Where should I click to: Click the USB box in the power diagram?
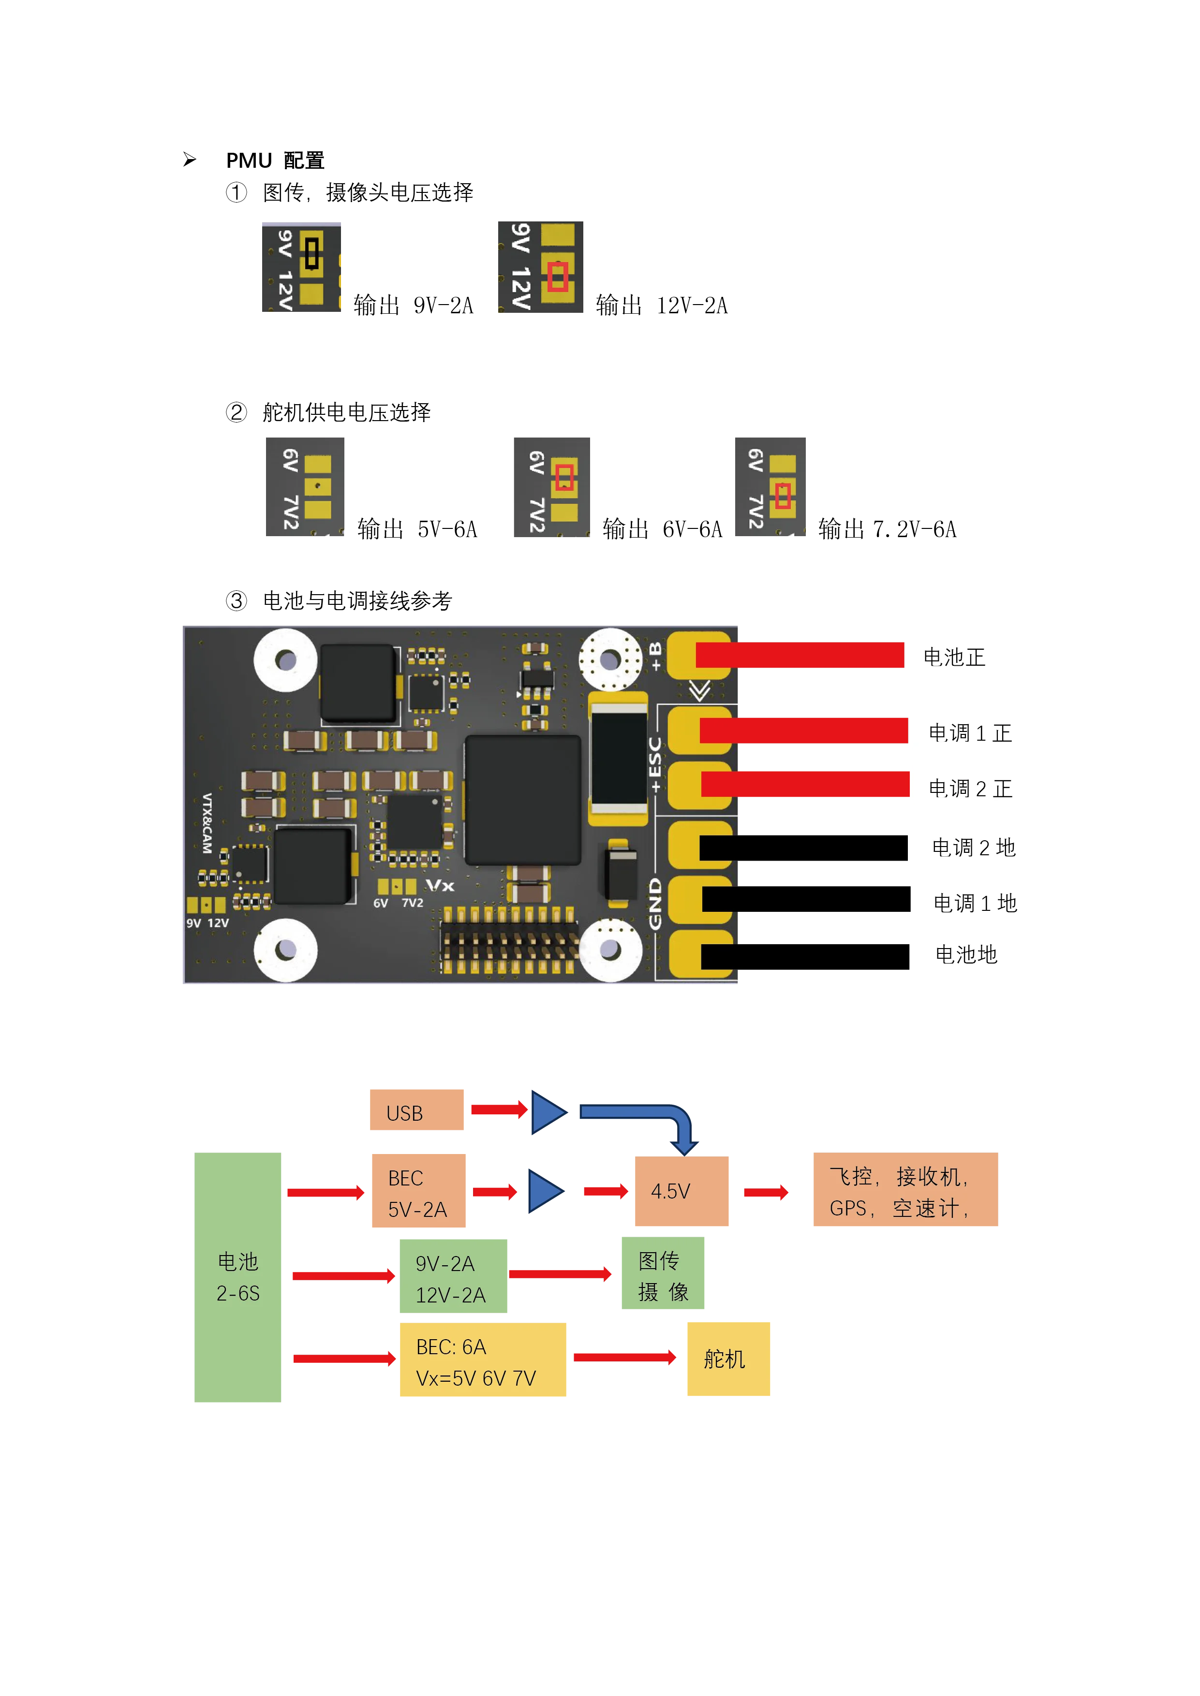415,1110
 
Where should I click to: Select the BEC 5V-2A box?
419,1191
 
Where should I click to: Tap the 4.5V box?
682,1191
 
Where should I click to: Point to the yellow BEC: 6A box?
483,1360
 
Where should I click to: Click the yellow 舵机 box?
728,1358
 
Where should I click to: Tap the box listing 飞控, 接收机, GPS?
904,1191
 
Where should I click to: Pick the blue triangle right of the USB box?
548,1111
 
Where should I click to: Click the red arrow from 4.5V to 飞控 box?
766,1192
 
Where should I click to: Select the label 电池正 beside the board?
954,658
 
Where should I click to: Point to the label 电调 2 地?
973,847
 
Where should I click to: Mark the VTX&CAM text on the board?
207,823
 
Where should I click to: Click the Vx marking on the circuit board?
440,885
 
